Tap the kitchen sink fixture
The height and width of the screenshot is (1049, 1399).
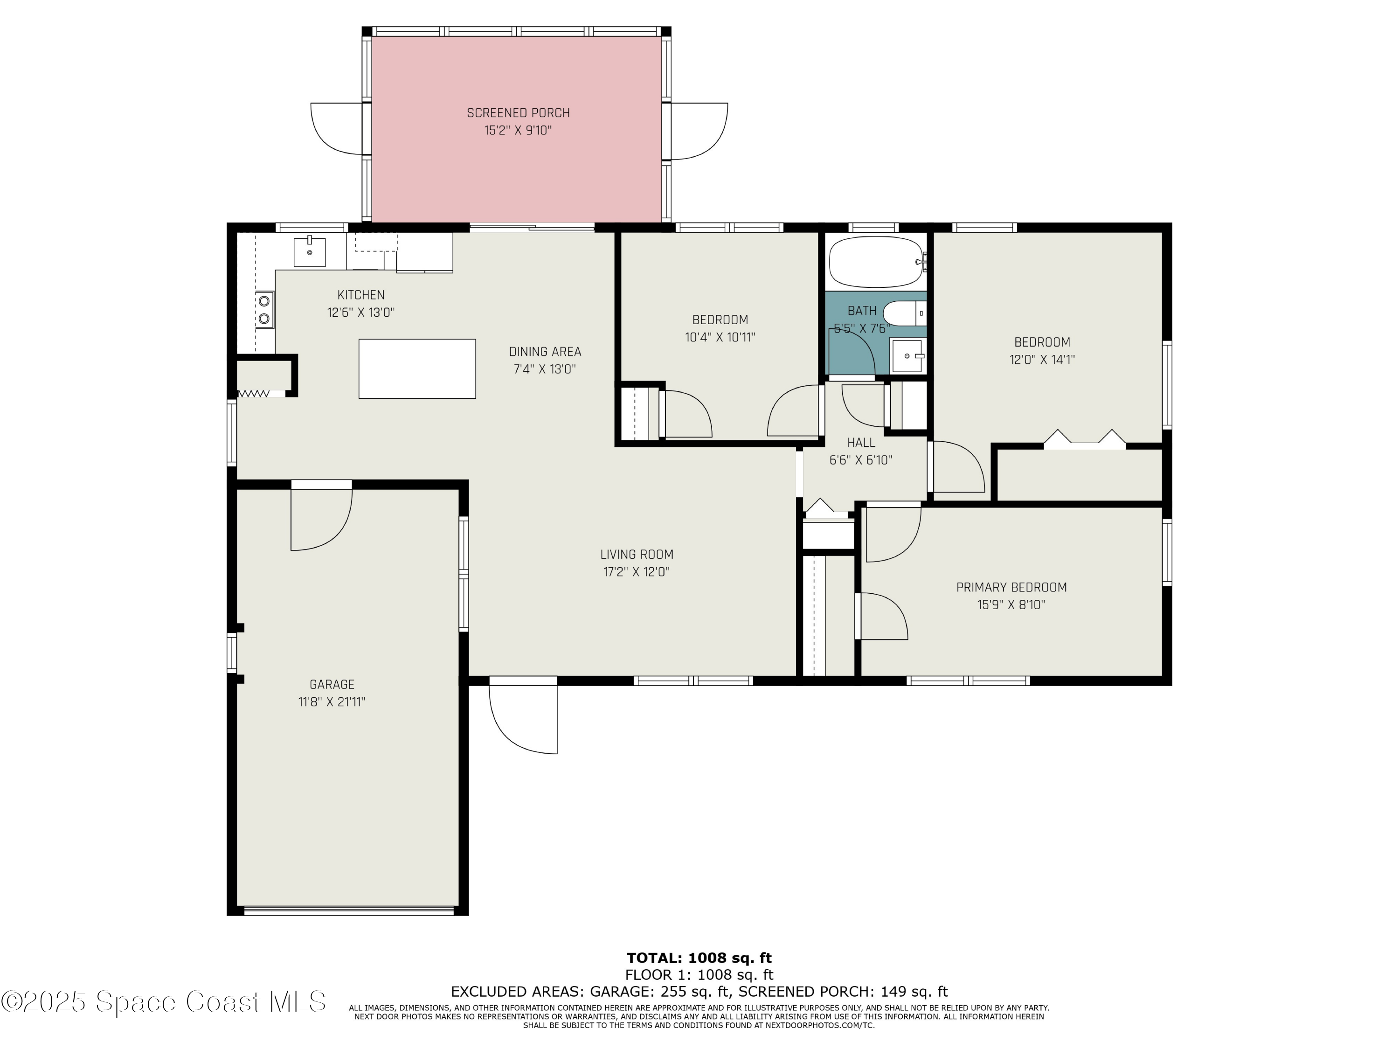pos(310,251)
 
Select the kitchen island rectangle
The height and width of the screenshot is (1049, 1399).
pos(417,369)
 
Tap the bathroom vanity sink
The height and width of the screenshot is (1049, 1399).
pos(907,356)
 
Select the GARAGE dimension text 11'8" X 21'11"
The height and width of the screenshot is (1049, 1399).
pos(332,702)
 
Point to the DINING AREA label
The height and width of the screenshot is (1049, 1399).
pos(545,352)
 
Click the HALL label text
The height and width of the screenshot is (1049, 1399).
pos(861,443)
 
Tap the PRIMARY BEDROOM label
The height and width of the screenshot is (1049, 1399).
pos(1011,588)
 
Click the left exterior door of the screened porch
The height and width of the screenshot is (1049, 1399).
pos(338,128)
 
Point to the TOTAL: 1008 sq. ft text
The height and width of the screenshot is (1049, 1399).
pos(699,959)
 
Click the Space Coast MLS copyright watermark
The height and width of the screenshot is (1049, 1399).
pos(164,1002)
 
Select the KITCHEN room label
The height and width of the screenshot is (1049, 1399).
pos(360,295)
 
